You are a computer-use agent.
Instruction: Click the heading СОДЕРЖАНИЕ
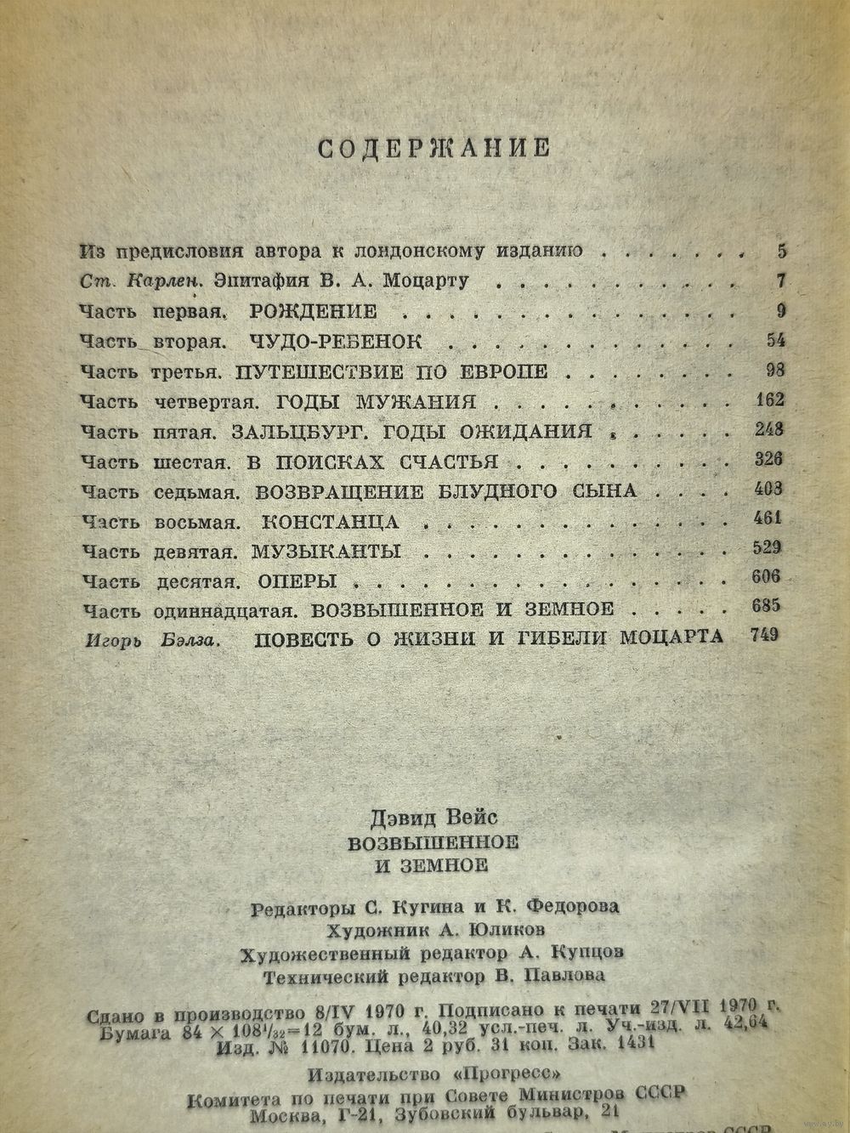click(x=434, y=148)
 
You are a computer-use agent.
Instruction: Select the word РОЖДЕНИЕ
click(x=314, y=310)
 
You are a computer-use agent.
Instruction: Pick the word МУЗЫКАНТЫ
click(x=326, y=551)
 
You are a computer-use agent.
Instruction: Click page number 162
click(x=768, y=399)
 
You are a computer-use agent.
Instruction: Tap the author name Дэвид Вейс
click(x=433, y=818)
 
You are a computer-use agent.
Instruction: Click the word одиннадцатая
click(x=225, y=610)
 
